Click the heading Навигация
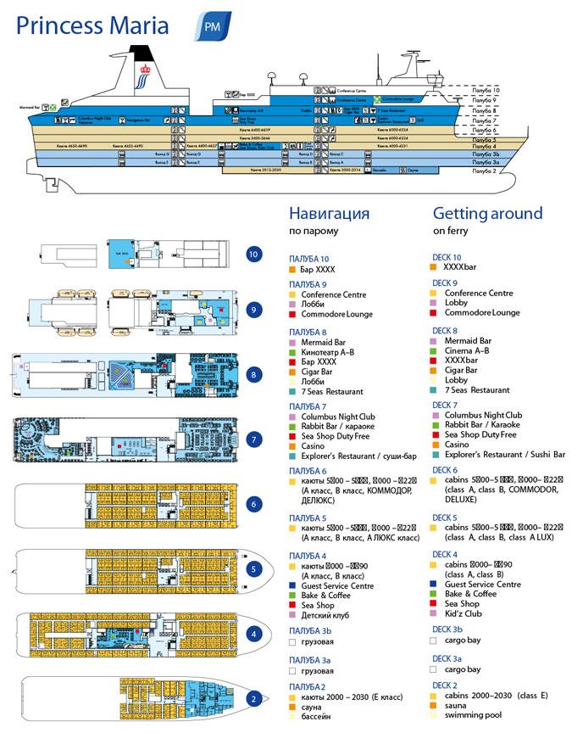coord(329,213)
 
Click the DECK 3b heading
coord(447,629)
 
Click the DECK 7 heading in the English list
coord(447,404)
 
